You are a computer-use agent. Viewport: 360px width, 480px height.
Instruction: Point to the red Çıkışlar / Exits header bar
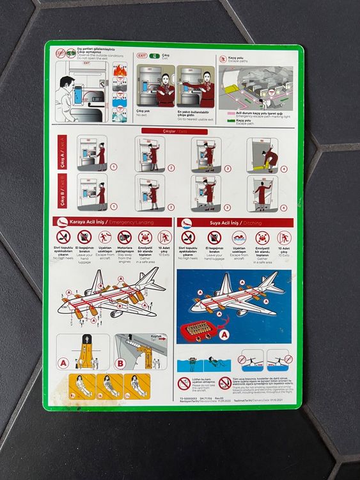click(173, 131)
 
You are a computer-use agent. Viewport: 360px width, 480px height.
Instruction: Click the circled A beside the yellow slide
click(63, 363)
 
